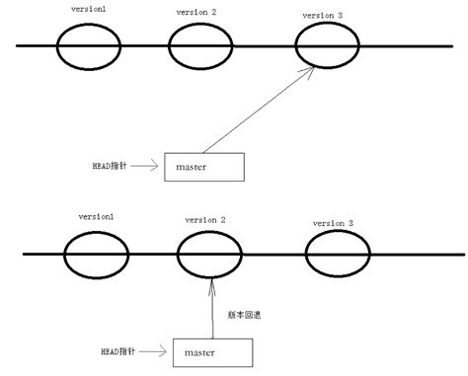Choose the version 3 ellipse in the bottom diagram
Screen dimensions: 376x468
[x=334, y=254]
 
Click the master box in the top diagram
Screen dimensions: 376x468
[x=202, y=168]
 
